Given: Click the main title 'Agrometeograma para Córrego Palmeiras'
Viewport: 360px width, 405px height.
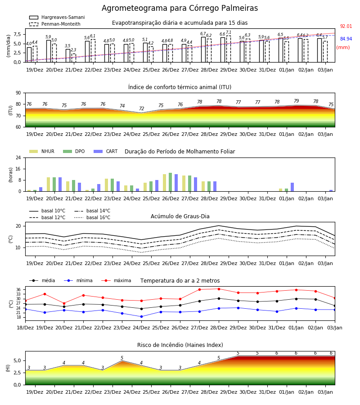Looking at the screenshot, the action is point(180,8).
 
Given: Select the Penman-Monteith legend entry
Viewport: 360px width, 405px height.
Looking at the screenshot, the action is point(55,24).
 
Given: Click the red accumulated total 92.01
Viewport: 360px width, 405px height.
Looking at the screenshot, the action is point(346,27).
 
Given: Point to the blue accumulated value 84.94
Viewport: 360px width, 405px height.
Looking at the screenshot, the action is point(346,39).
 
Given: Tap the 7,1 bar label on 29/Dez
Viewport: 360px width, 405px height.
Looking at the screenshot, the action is point(229,32).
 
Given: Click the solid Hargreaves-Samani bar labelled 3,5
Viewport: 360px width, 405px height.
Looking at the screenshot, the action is point(68,56).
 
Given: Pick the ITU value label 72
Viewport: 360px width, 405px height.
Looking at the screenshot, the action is point(141,109).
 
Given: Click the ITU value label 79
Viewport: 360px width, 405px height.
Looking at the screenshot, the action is point(296,101).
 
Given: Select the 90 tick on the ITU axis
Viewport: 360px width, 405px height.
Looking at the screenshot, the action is point(18,93).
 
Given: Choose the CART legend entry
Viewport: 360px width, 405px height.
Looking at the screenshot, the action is point(106,151).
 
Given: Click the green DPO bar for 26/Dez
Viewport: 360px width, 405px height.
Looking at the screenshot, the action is point(171,182).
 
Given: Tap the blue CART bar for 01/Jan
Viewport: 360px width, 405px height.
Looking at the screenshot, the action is point(292,187).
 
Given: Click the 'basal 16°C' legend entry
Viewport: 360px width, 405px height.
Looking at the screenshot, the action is point(92,217).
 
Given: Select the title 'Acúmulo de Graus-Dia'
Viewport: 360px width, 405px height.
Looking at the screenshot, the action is point(180,216).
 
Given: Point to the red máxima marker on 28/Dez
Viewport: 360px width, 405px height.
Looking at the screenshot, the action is point(219,289).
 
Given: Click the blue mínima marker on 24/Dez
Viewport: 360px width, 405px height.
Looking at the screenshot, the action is point(141,317).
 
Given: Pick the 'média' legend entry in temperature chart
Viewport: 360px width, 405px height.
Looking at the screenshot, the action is point(42,280).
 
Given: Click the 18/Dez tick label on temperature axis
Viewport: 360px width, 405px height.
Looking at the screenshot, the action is point(25,328).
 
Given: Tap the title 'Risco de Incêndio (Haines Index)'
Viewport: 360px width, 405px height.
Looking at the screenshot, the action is point(180,345).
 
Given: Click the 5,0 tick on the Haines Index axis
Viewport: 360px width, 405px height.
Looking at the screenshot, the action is point(17,361).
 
